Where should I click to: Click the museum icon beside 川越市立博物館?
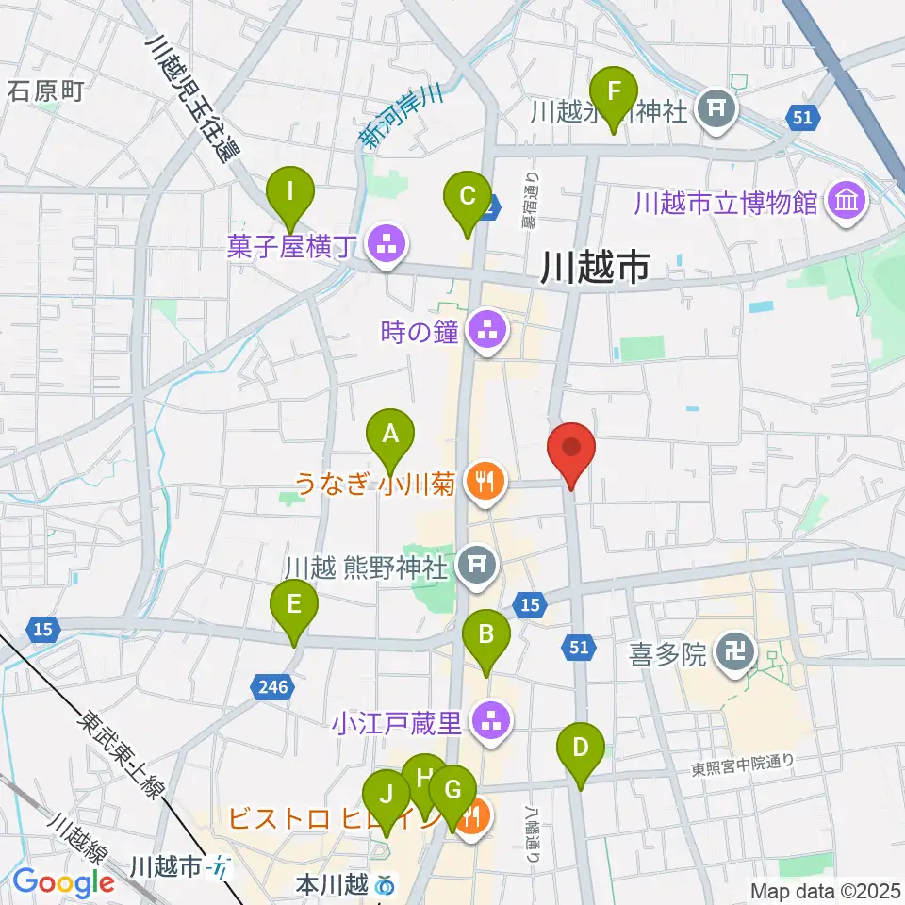(x=845, y=202)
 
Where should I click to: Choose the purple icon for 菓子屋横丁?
(x=385, y=248)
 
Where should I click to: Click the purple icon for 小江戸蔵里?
(x=487, y=723)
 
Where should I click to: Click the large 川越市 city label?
(x=595, y=269)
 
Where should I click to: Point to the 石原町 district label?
(x=46, y=90)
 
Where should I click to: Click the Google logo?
(x=63, y=882)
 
